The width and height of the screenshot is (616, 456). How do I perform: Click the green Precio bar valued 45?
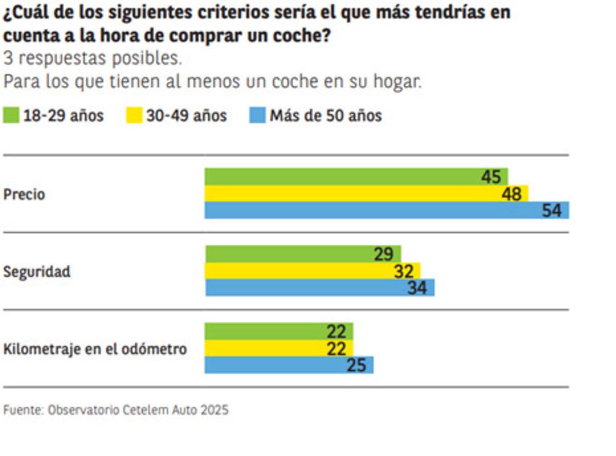(339, 177)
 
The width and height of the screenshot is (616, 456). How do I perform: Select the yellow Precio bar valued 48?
(349, 194)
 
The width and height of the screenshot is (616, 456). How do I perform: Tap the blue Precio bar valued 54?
(370, 211)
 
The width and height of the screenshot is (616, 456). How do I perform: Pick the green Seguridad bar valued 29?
(287, 254)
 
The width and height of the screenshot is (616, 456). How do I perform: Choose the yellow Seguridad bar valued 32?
(298, 271)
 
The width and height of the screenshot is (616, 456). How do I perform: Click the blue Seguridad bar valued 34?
(308, 288)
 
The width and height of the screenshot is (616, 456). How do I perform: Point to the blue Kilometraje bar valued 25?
(277, 365)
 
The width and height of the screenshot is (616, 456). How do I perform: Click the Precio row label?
(24, 195)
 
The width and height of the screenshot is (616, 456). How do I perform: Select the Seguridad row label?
(37, 272)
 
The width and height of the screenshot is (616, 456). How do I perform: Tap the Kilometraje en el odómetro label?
(95, 350)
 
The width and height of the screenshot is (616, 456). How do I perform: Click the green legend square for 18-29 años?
(11, 116)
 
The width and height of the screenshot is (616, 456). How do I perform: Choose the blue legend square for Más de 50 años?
(257, 116)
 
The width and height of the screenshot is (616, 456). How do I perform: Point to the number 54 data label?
(552, 211)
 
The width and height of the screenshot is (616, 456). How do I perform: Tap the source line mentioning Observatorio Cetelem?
(116, 410)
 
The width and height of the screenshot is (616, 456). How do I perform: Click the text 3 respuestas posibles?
(93, 59)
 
